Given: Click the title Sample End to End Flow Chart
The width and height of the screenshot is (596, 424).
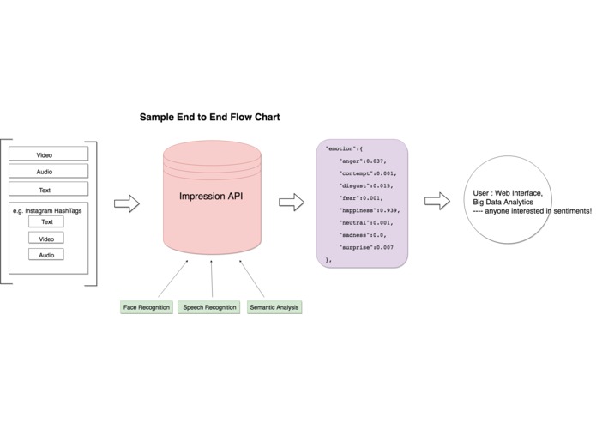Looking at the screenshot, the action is tap(209, 117).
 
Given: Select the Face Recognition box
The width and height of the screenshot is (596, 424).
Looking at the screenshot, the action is tap(147, 307).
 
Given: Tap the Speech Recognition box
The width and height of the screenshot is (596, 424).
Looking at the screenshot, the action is tap(209, 307).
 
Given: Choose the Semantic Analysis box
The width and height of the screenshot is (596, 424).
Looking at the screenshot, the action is tap(274, 307).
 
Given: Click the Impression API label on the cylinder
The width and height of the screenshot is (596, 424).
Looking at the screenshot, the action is tap(211, 197).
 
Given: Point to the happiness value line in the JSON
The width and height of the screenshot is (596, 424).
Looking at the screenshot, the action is tap(370, 210).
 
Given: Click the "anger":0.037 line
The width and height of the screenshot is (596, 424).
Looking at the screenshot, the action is tap(363, 161).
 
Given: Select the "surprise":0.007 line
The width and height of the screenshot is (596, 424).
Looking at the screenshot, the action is tap(366, 247).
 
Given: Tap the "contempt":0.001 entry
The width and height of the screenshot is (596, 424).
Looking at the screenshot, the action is tap(368, 173).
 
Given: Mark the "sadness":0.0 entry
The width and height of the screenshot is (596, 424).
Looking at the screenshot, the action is tap(363, 235).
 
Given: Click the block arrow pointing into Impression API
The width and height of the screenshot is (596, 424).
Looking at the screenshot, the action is tap(127, 203).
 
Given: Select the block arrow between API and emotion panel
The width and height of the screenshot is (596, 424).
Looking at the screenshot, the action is tap(292, 202).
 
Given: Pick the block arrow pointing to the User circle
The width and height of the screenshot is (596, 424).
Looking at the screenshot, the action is tap(437, 201).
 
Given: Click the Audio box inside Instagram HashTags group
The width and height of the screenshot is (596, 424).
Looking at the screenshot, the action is tap(46, 254).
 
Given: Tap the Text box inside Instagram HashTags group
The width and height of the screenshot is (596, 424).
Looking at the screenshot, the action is tap(46, 221).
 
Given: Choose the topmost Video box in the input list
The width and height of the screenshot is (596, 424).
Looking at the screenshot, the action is tap(48, 154).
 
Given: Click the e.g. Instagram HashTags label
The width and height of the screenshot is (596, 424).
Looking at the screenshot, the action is tap(47, 210).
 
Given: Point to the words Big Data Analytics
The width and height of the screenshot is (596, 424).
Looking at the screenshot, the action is tap(503, 202).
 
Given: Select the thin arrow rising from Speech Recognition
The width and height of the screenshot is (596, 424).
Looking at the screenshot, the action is tap(212, 278).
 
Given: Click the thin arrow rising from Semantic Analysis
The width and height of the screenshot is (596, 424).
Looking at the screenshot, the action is tap(251, 278).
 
